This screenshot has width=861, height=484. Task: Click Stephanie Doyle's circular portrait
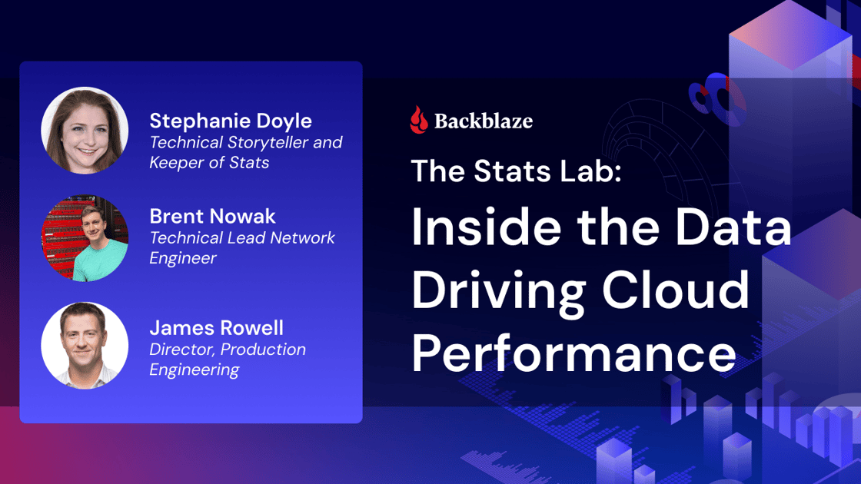(x=85, y=131)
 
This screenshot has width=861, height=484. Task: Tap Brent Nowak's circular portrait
(x=85, y=238)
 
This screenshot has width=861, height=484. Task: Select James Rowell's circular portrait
(x=85, y=346)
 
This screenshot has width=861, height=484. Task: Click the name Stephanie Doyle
(x=231, y=121)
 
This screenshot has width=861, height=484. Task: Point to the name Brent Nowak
(x=212, y=217)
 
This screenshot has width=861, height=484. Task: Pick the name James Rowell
(x=216, y=328)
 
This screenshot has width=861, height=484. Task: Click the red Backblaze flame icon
(x=419, y=120)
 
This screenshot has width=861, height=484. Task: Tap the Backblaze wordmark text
(x=484, y=121)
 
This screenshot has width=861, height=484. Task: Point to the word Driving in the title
(x=496, y=290)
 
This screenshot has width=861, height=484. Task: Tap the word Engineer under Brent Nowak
(x=183, y=258)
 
